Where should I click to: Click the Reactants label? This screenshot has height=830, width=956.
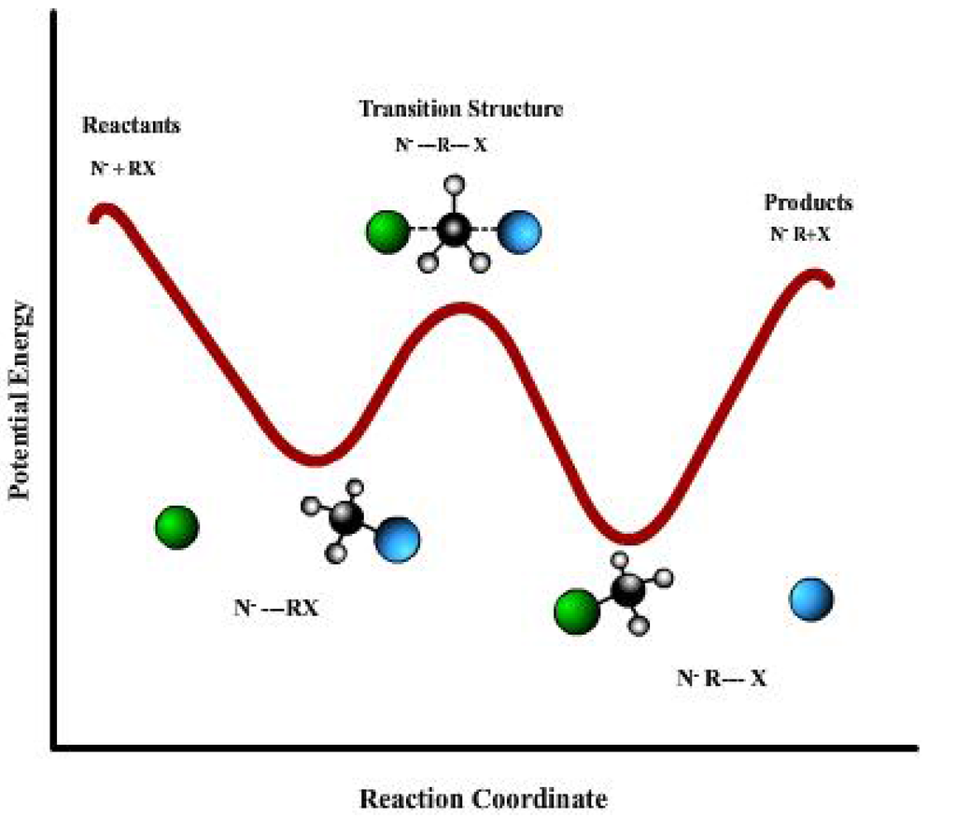[x=132, y=125]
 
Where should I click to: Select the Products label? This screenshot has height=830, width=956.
[x=808, y=203]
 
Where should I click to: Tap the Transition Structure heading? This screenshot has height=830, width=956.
[x=461, y=108]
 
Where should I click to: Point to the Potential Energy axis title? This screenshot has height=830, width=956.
[x=21, y=401]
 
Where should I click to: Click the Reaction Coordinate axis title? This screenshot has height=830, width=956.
[x=484, y=798]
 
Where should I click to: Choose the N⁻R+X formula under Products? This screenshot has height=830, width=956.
[x=800, y=234]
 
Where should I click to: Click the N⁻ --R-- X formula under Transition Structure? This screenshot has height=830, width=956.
[x=441, y=146]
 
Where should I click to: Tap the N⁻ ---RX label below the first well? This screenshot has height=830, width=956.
[x=275, y=608]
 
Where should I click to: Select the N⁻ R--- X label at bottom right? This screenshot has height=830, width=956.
[x=722, y=679]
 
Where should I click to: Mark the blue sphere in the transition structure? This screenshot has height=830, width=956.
[x=519, y=232]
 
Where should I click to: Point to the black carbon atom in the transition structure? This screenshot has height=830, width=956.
[x=455, y=231]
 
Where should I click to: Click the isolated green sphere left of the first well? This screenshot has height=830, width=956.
[x=176, y=528]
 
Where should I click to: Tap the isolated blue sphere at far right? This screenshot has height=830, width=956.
[x=811, y=598]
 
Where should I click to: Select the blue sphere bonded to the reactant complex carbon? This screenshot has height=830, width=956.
[x=398, y=539]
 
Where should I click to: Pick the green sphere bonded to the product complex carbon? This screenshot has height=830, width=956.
[x=577, y=612]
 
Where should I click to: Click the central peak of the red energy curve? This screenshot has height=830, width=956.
[x=460, y=309]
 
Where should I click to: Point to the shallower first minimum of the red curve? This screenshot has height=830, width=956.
[x=317, y=458]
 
